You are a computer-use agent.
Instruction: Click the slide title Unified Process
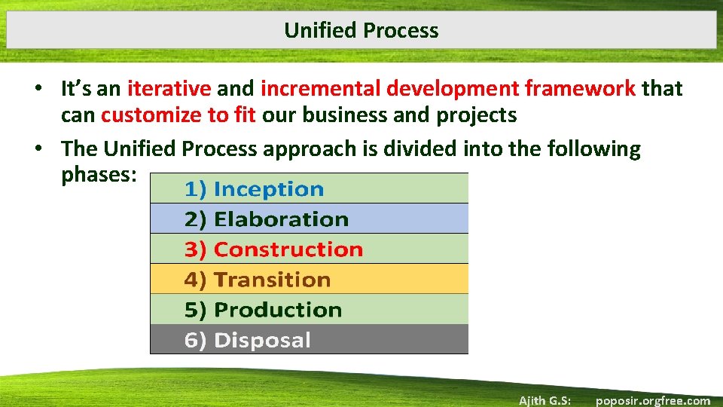[x=361, y=30]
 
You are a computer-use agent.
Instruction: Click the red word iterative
[x=169, y=89]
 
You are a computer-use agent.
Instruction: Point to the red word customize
[x=146, y=115]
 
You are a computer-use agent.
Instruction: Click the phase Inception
[x=268, y=189]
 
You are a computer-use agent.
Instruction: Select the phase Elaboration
[x=281, y=219]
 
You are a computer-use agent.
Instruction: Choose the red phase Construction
[x=288, y=249]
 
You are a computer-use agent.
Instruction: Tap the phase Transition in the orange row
[x=272, y=280]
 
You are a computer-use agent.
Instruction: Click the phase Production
[x=277, y=310]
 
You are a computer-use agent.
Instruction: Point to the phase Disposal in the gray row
[x=262, y=340]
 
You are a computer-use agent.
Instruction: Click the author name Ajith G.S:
[x=545, y=400]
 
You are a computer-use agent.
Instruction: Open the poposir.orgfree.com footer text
[x=652, y=400]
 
